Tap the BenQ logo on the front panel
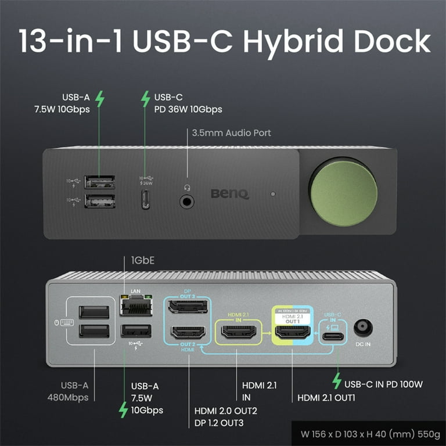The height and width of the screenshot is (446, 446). pos(229,193)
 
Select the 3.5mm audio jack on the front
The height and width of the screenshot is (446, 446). pos(187,200)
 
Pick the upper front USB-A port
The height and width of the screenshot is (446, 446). pos(99,182)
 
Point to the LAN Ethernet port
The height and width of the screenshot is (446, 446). pos(135,304)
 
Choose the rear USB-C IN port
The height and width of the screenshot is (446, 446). pos(333,334)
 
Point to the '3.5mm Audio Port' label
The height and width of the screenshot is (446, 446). pos(231,133)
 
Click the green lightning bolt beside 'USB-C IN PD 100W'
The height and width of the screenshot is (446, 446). pos(336,380)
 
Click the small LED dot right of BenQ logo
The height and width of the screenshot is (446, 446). pos(273,193)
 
